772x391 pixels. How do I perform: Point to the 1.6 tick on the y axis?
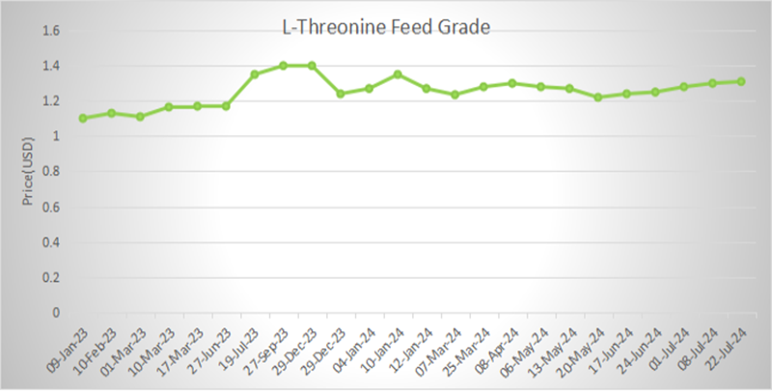(x=50, y=31)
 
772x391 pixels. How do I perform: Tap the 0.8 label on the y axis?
(x=50, y=172)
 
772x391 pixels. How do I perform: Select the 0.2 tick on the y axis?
(x=50, y=278)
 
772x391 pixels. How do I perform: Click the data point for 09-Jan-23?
(x=83, y=118)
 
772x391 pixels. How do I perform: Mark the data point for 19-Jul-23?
(x=255, y=74)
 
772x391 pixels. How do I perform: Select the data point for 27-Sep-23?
(x=283, y=66)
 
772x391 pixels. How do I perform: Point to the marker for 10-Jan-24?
(x=398, y=74)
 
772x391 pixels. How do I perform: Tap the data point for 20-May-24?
(x=597, y=97)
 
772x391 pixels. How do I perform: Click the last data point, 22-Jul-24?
(x=740, y=81)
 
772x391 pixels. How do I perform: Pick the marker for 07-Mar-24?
(x=455, y=95)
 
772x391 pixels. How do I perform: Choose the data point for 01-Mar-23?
(x=140, y=117)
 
